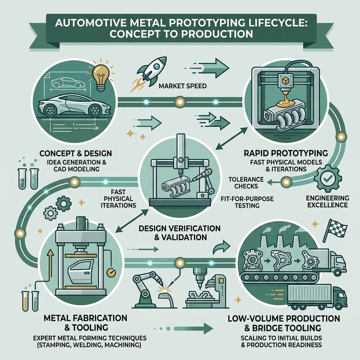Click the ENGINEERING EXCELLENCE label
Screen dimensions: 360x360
[x=327, y=201]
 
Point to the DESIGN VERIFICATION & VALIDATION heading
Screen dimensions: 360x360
[x=180, y=233]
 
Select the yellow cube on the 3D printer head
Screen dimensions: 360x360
[x=284, y=81]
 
